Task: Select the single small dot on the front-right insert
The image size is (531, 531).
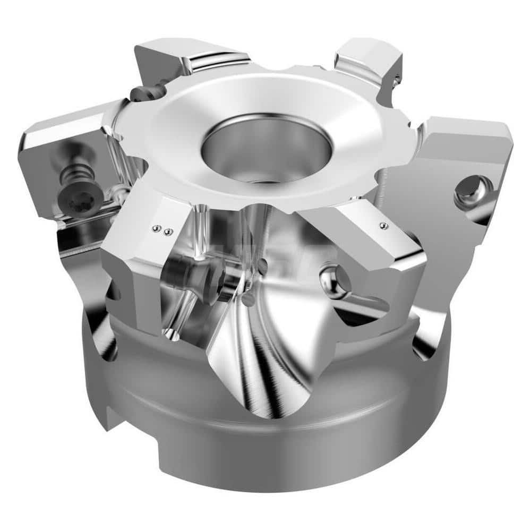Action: coord(382,226)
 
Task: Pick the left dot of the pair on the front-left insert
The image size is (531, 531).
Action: coord(155,228)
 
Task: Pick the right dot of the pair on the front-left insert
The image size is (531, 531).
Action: coord(168,232)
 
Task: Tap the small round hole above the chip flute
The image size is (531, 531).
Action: coord(247,299)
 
